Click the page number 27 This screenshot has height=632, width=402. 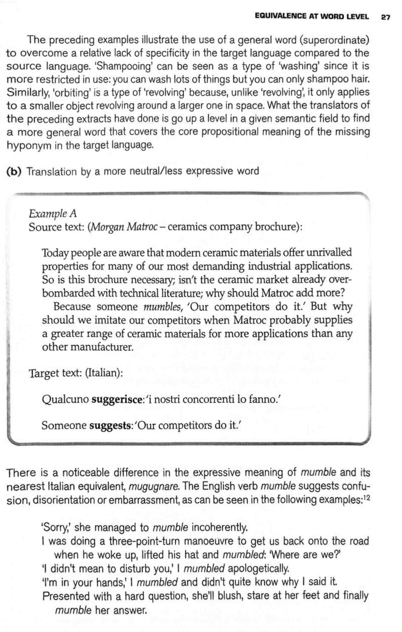(385, 17)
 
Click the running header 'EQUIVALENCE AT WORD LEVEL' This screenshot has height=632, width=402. (312, 16)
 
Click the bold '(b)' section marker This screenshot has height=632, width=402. (14, 172)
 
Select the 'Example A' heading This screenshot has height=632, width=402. (53, 214)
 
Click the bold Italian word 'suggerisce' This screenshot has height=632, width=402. (116, 399)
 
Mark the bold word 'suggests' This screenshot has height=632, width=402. (110, 426)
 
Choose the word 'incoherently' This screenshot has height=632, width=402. (219, 527)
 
